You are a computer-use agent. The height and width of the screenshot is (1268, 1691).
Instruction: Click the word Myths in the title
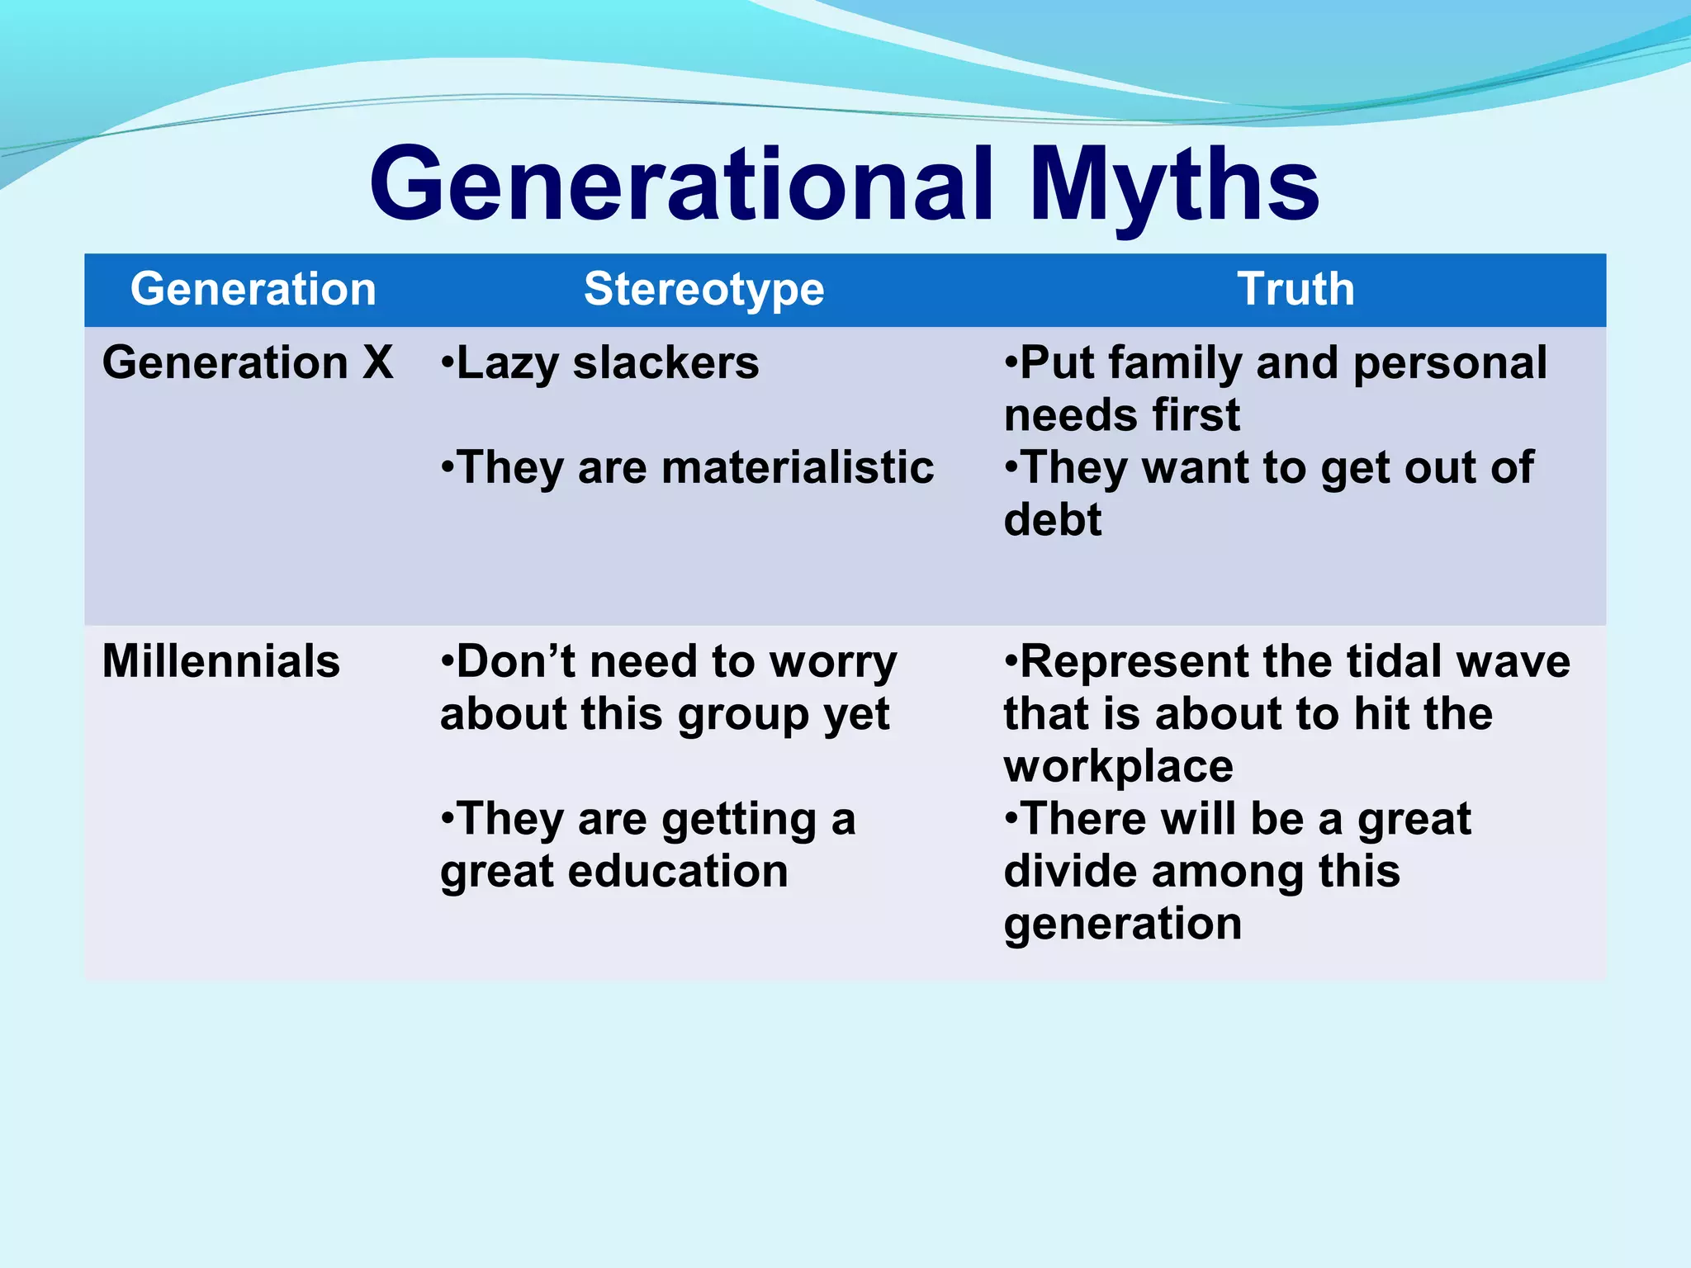coord(1174,185)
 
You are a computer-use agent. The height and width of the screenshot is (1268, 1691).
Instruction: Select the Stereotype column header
coord(703,290)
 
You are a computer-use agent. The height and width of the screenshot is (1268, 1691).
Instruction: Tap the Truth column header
coord(1295,290)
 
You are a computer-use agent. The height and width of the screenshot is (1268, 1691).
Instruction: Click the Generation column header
coord(253,290)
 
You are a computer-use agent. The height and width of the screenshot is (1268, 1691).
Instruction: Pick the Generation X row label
coord(247,362)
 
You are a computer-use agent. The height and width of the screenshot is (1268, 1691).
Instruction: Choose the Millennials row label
coord(220,661)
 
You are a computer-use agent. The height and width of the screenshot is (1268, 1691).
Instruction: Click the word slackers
coord(666,362)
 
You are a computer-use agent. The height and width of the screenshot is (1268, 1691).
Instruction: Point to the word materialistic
coord(797,467)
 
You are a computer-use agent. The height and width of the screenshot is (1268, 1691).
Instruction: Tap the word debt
coord(1052,520)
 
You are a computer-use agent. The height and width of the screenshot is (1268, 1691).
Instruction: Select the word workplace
coord(1118,767)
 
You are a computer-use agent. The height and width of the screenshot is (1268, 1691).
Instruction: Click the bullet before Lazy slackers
coord(447,363)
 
